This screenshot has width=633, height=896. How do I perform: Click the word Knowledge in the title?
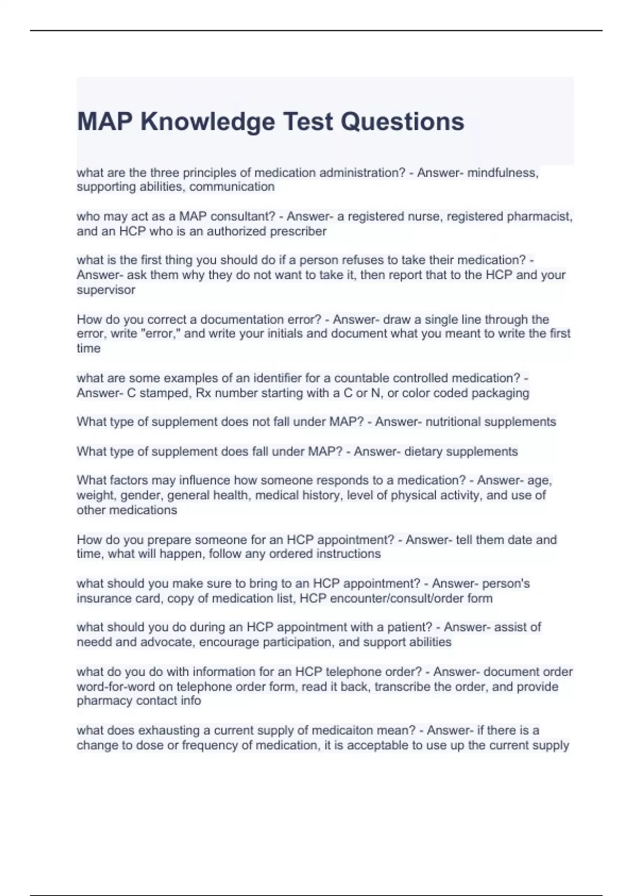coord(208,122)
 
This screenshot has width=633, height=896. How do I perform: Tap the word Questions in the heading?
coord(402,122)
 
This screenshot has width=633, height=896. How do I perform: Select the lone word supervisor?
coord(106,290)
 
